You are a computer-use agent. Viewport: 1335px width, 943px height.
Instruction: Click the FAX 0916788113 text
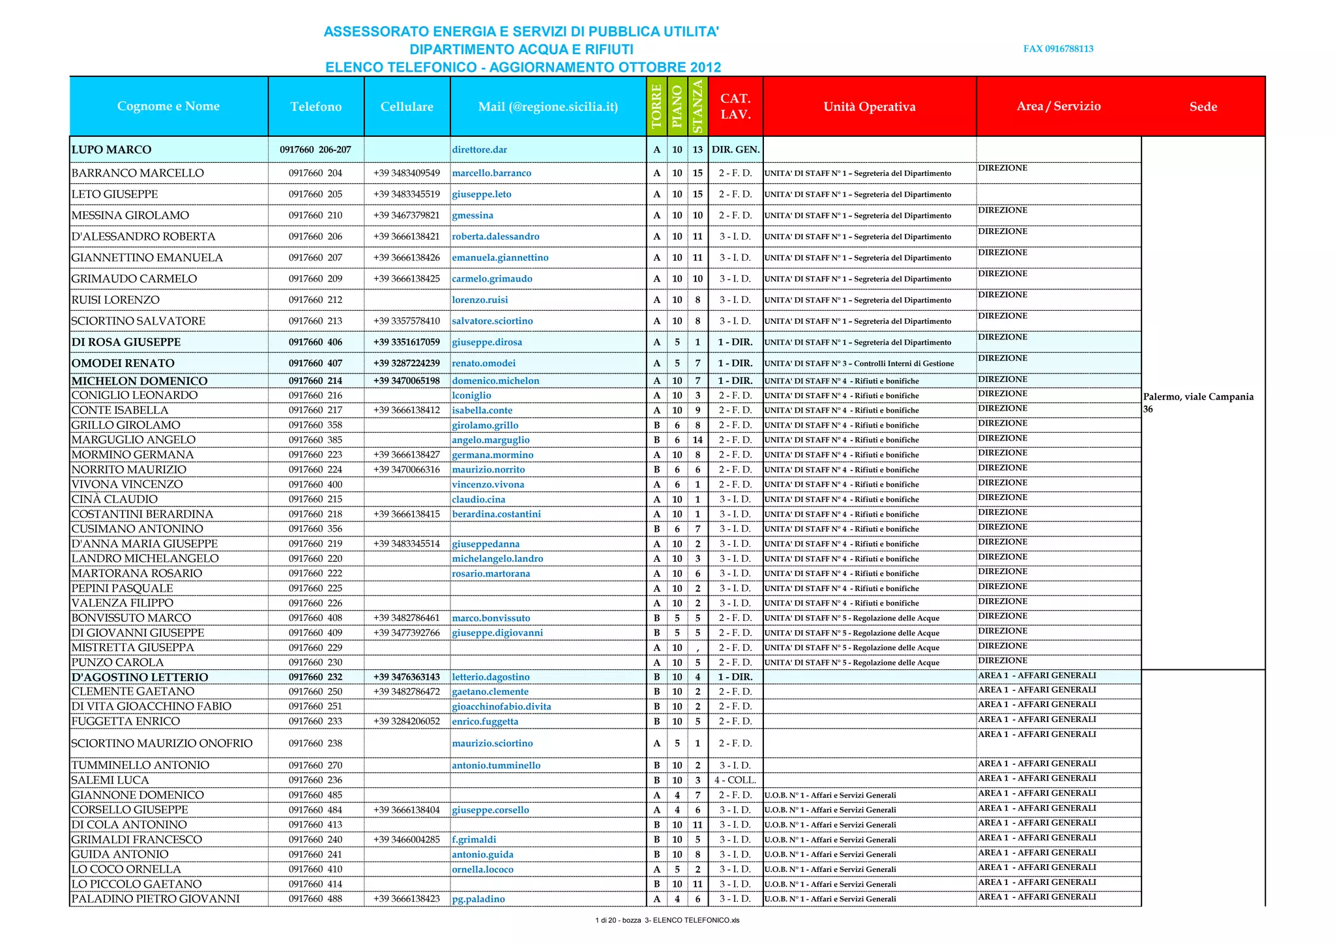1058,49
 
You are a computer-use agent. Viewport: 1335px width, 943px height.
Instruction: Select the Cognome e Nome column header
168,106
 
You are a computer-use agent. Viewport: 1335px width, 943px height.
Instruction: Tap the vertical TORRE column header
656,106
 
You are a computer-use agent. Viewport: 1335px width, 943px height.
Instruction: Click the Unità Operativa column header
869,107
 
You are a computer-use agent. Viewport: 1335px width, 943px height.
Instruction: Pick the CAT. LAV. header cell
735,106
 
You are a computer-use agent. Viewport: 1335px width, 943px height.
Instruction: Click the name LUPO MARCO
111,150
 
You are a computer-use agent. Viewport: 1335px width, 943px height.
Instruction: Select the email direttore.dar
479,150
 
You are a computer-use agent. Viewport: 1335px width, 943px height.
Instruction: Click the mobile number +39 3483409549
407,173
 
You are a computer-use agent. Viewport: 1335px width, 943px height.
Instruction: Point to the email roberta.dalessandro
495,237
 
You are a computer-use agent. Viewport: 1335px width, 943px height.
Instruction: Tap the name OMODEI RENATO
123,364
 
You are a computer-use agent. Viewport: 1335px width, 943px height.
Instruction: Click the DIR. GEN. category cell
735,150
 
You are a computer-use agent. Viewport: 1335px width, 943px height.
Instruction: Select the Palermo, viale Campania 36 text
1197,403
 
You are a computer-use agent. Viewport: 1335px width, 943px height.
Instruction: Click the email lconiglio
471,396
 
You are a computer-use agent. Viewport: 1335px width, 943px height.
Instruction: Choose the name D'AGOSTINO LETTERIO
139,677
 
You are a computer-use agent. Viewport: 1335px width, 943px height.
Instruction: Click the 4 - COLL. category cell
735,780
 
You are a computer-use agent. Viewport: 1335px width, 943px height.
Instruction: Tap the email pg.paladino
478,899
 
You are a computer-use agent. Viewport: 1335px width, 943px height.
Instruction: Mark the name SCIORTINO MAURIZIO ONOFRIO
162,744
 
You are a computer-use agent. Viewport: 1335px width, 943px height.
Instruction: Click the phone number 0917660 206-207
315,150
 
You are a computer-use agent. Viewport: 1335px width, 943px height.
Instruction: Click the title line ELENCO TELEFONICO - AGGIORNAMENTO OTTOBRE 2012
523,67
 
